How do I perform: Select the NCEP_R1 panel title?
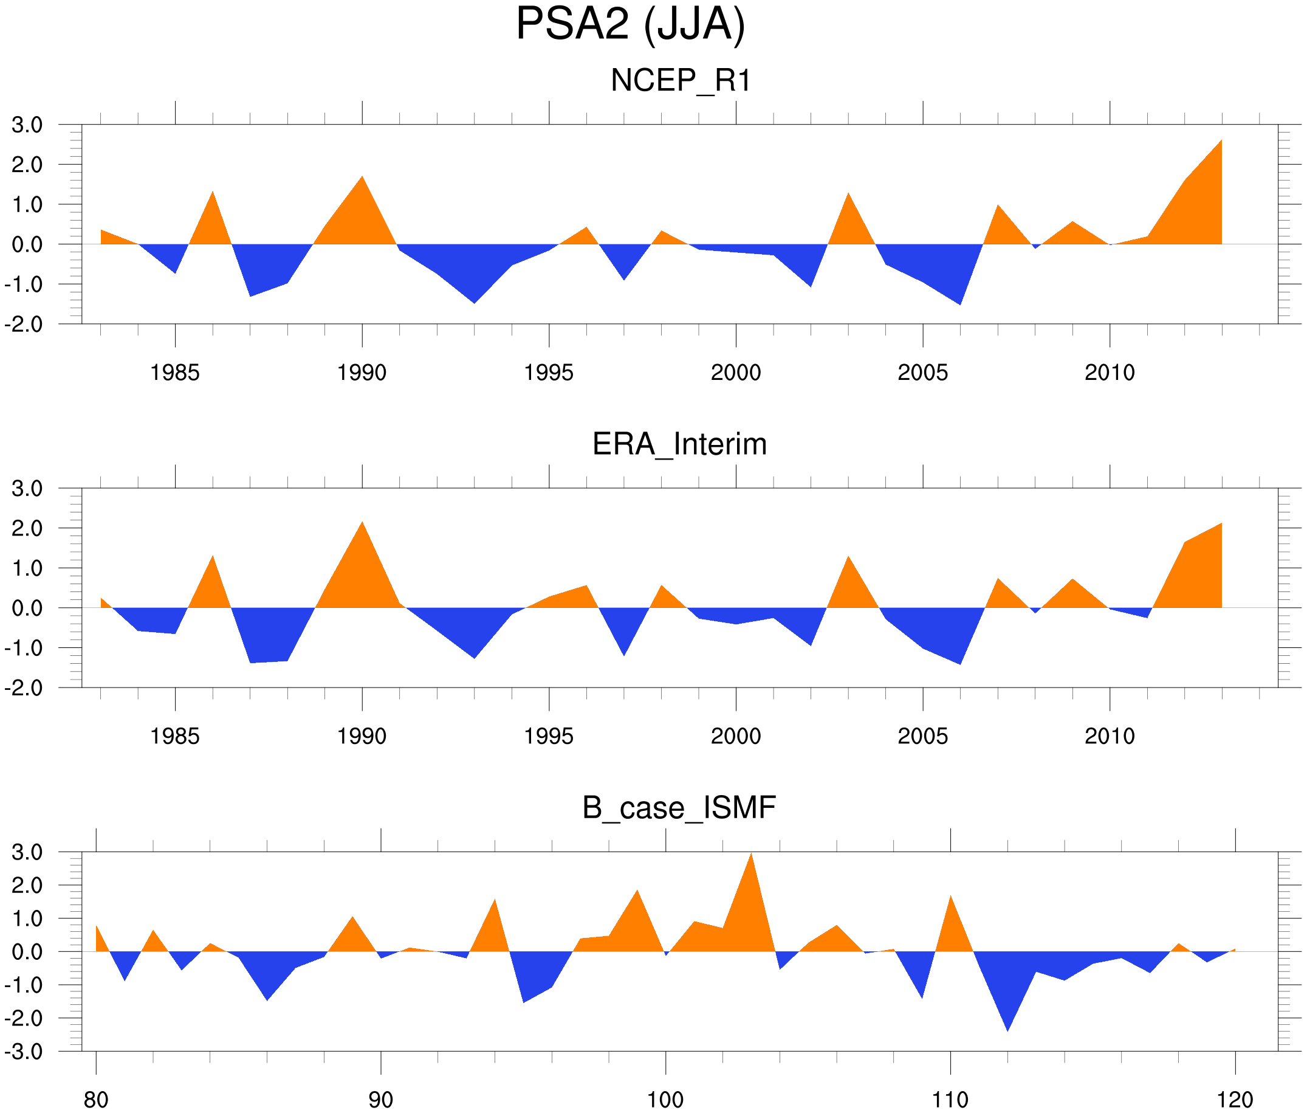click(681, 81)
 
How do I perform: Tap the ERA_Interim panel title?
click(679, 444)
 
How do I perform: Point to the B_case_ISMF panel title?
click(679, 808)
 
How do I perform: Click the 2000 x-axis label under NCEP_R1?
click(735, 373)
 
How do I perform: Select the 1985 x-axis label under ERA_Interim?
click(175, 736)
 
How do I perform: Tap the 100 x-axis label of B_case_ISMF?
click(665, 1100)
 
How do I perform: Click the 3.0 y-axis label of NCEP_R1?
click(27, 125)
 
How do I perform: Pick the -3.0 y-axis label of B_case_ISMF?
click(24, 1052)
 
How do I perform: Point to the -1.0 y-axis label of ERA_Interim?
click(24, 648)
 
